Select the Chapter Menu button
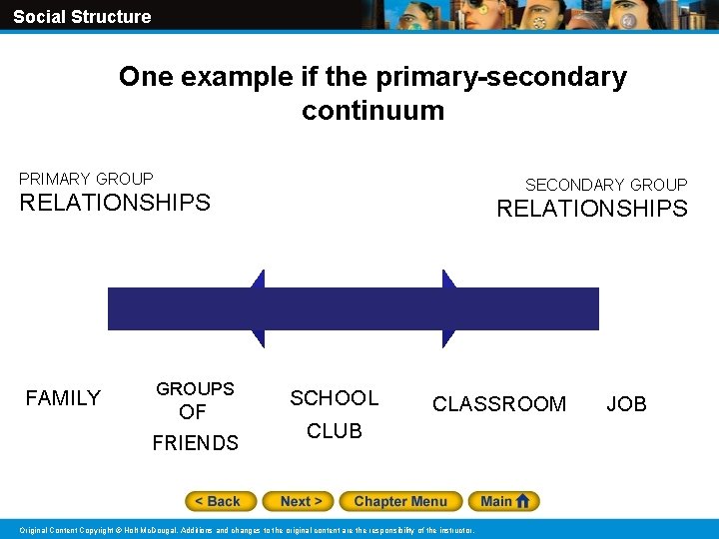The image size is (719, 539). click(x=400, y=501)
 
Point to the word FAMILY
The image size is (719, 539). click(x=63, y=398)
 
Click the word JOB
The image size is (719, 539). click(x=627, y=404)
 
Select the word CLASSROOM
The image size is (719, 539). click(x=499, y=404)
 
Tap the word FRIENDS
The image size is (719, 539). click(x=196, y=443)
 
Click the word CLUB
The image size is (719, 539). click(x=335, y=431)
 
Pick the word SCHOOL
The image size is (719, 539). click(x=335, y=398)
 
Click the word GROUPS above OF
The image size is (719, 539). click(x=195, y=388)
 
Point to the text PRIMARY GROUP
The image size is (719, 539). click(x=86, y=179)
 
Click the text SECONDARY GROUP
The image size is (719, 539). click(x=606, y=185)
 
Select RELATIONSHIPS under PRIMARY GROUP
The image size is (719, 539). click(x=115, y=203)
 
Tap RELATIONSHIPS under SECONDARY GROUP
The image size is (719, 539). click(x=592, y=209)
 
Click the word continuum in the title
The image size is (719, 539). click(x=372, y=110)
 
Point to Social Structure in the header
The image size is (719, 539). click(x=82, y=16)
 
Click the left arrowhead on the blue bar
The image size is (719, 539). click(x=258, y=308)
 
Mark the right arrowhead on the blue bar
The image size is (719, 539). click(x=449, y=308)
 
